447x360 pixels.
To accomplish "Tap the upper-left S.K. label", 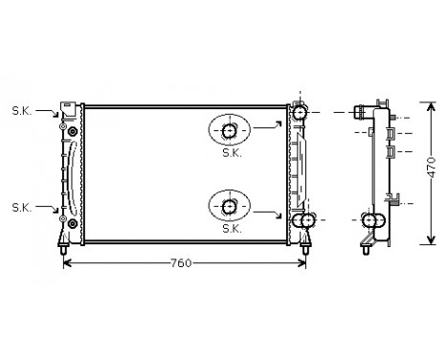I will (22, 111).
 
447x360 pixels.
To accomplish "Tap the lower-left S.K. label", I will (22, 206).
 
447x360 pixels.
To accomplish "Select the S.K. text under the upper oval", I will (232, 152).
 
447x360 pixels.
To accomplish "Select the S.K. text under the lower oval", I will (232, 229).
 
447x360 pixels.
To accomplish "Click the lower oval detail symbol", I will (231, 205).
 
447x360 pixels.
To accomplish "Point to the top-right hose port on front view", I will (302, 112).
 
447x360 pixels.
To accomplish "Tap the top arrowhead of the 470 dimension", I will (432, 100).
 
